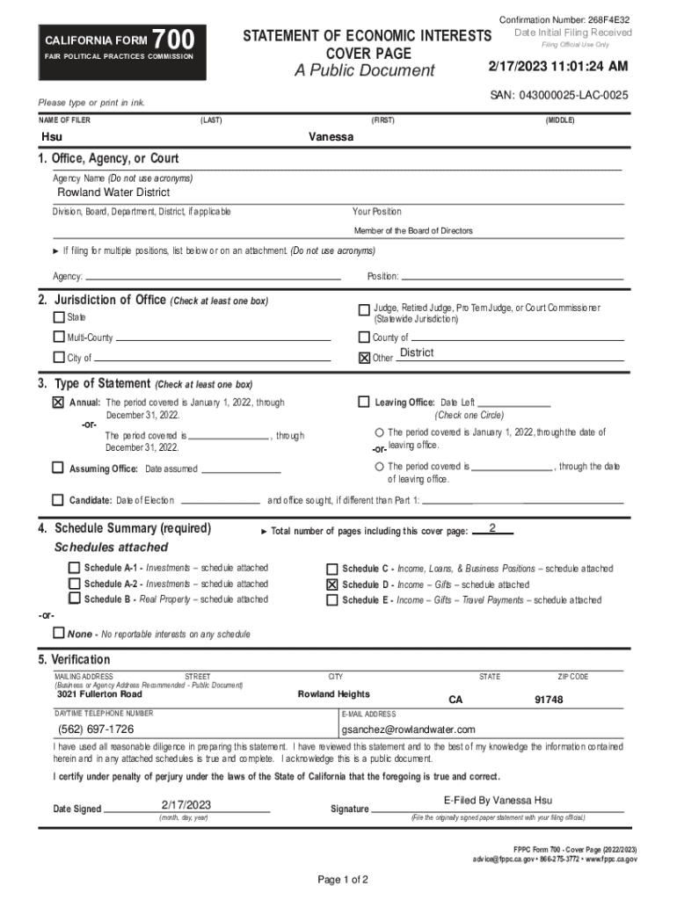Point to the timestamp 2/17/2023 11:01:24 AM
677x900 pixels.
pos(558,66)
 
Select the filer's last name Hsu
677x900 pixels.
pos(52,138)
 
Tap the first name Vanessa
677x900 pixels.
pos(331,138)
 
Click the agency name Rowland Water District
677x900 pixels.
pos(113,192)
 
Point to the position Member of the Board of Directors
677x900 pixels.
pos(413,231)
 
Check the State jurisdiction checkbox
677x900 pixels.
pos(59,317)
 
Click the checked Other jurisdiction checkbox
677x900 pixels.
pos(364,358)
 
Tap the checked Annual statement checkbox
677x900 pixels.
pos(59,403)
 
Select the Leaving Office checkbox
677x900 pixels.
pos(364,403)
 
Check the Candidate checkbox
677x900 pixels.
pos(59,501)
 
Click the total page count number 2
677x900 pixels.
pos(492,528)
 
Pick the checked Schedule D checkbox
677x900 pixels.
pos(332,584)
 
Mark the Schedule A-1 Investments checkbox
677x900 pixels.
pos(74,569)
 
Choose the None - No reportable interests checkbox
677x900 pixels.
pos(59,634)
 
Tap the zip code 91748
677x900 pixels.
pos(549,700)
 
